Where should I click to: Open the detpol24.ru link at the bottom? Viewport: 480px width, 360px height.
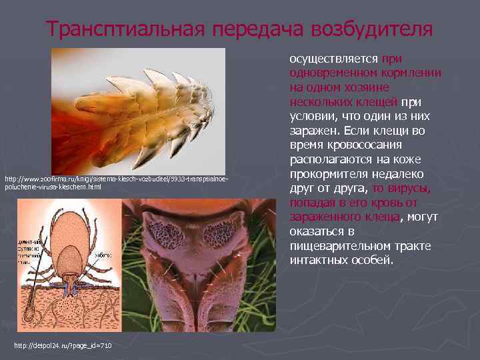pyautogui.click(x=63, y=345)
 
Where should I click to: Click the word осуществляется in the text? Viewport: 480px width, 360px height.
pyautogui.click(x=334, y=58)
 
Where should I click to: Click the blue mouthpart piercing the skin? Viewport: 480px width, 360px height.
pyautogui.click(x=73, y=291)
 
